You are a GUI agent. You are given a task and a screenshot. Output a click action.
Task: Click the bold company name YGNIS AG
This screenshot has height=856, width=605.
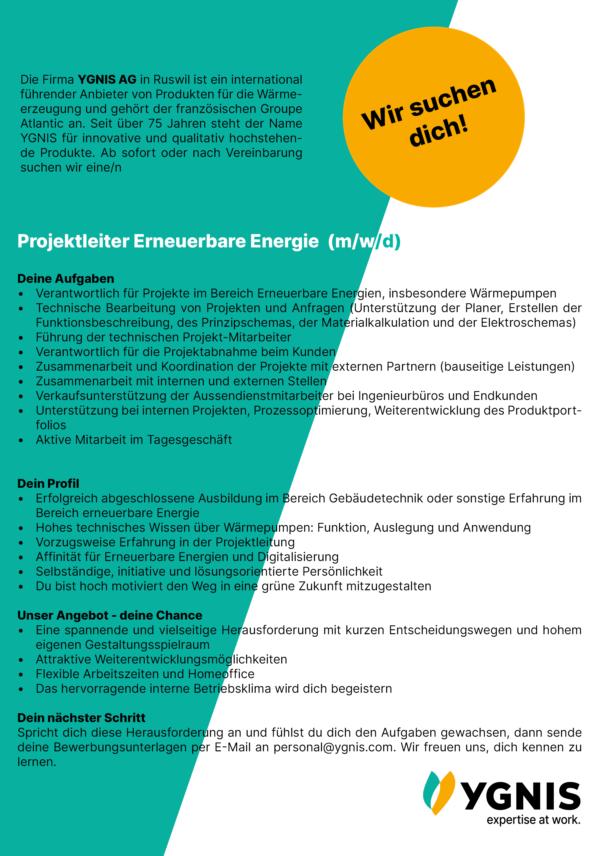tap(107, 80)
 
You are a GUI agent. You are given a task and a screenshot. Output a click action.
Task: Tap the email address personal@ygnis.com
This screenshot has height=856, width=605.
tap(334, 747)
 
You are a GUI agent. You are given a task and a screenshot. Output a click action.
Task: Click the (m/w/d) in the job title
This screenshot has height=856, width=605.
tap(364, 241)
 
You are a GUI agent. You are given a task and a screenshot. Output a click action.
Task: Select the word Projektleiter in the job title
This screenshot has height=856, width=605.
tap(73, 241)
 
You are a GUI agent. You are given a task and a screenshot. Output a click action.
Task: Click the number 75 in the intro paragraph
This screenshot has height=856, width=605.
tap(155, 123)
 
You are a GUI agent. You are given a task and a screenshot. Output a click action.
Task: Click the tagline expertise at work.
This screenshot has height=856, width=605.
tap(534, 820)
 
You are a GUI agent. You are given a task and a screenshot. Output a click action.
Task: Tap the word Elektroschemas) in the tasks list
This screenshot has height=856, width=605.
tap(528, 323)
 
